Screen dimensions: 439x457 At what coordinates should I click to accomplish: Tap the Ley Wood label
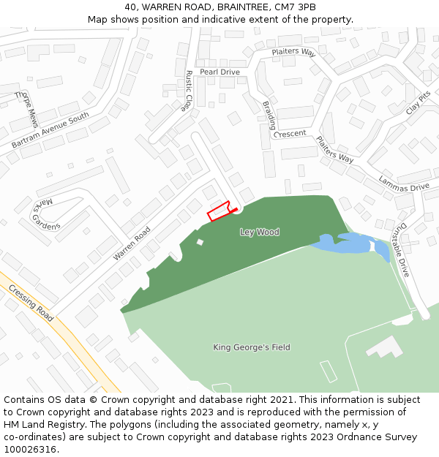coord(260,232)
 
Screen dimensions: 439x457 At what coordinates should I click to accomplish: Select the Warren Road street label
coord(132,243)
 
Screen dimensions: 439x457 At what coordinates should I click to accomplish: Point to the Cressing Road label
coord(31,303)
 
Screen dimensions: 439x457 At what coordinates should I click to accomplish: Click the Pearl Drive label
coord(219,72)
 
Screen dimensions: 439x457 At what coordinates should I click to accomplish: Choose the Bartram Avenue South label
coord(50,130)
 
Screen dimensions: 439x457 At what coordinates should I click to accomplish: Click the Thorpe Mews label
coord(26,109)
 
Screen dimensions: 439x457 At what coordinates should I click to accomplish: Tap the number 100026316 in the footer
coord(30,449)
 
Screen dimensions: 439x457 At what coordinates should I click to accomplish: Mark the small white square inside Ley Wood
coord(200,242)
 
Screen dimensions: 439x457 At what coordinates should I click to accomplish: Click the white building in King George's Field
coord(385,347)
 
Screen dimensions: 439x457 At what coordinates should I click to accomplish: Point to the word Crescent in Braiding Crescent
coord(290,134)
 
